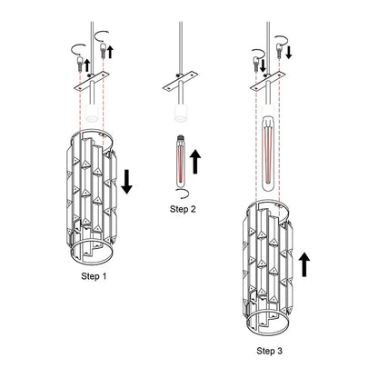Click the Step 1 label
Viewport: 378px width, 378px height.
click(x=94, y=276)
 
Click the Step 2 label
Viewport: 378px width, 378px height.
click(x=183, y=209)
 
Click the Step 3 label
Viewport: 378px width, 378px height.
click(x=270, y=351)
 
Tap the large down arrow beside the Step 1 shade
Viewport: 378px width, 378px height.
click(x=127, y=182)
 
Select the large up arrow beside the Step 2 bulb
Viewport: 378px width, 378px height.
click(x=195, y=162)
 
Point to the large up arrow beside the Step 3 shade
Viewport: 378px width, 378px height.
click(x=304, y=264)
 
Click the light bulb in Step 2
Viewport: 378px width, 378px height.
click(x=181, y=162)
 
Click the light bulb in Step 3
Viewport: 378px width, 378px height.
click(x=267, y=154)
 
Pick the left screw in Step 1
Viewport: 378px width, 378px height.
click(x=79, y=63)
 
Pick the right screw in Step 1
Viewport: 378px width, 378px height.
click(x=104, y=50)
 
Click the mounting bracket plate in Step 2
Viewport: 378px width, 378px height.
click(x=180, y=81)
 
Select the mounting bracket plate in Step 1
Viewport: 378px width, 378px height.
click(x=92, y=81)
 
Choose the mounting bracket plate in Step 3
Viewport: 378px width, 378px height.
click(x=268, y=81)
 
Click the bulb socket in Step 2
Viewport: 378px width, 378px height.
click(x=181, y=114)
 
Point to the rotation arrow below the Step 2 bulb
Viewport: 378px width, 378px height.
click(x=184, y=194)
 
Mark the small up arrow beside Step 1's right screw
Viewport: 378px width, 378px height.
click(x=110, y=52)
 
